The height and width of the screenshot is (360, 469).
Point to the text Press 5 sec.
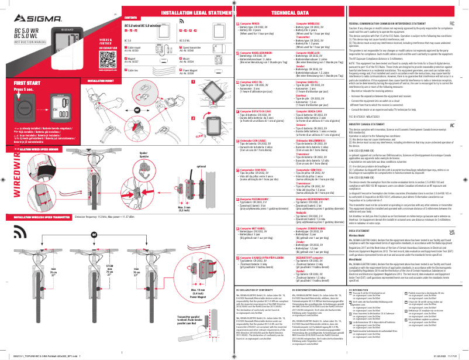coord(19,91)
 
